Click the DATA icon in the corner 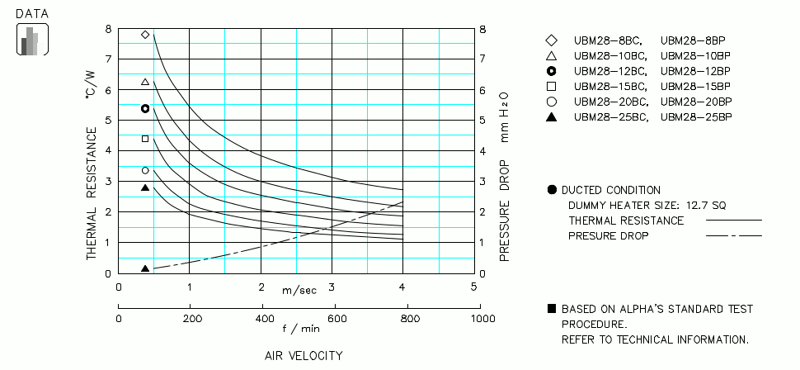[32, 40]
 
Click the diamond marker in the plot [145, 35]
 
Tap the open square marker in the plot [145, 139]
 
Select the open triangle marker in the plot [145, 82]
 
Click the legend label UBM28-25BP [695, 116]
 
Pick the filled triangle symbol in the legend [551, 116]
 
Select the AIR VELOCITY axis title [303, 356]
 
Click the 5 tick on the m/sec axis [473, 287]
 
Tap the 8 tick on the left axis [108, 29]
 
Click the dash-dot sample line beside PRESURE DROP [733, 236]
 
